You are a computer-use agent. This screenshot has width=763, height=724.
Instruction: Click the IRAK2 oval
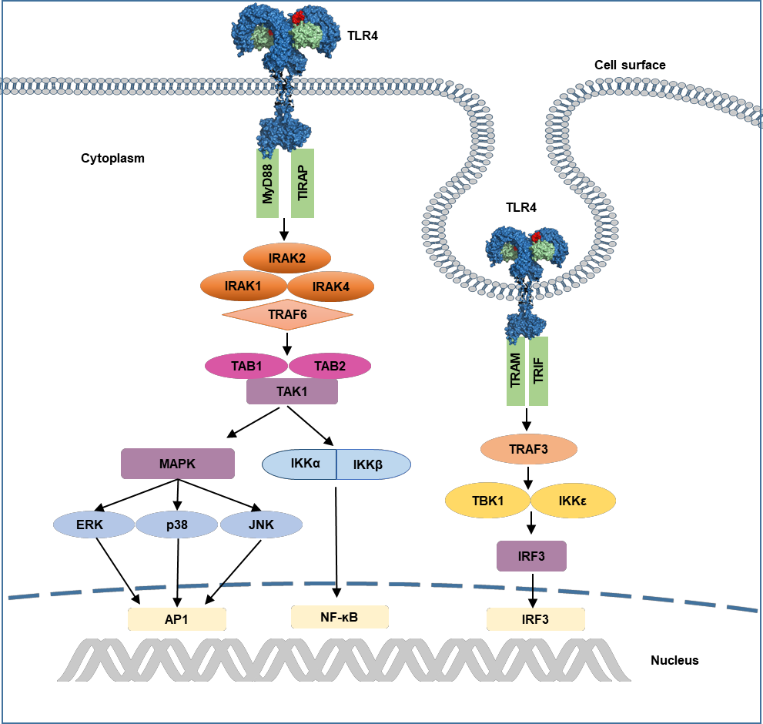[x=287, y=258]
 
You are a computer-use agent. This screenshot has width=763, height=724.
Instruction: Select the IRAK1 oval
[x=243, y=287]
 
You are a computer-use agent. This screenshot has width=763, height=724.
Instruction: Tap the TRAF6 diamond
[x=288, y=314]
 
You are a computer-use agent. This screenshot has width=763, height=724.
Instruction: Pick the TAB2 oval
[x=330, y=366]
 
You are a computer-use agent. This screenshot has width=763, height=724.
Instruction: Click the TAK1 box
[x=292, y=391]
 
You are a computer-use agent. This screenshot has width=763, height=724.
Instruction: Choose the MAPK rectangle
[x=178, y=464]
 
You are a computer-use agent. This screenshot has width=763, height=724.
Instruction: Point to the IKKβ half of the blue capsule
[x=373, y=464]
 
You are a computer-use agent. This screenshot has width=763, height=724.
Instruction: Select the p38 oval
[x=176, y=525]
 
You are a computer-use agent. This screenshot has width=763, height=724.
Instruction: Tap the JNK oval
[x=261, y=525]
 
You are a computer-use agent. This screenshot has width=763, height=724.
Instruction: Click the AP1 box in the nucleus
[x=177, y=619]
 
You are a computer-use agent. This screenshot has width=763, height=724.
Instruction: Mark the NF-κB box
[x=340, y=618]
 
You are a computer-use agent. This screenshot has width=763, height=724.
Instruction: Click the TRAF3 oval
[x=529, y=449]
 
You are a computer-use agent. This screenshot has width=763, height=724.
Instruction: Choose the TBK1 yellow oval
[x=488, y=501]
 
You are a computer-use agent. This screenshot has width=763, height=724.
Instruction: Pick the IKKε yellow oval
[x=574, y=501]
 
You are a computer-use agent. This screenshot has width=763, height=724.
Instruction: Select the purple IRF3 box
[x=531, y=556]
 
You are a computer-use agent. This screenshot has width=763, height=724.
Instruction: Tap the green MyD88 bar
[x=268, y=183]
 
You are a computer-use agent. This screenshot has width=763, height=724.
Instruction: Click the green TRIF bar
[x=539, y=371]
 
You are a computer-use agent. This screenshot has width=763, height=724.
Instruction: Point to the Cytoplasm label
[x=112, y=158]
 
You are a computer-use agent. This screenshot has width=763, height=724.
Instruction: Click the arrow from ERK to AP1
[x=119, y=571]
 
